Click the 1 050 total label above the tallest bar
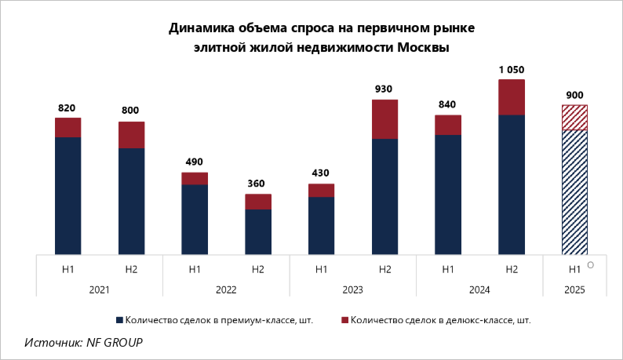pyautogui.click(x=511, y=70)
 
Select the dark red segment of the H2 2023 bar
pyautogui.click(x=384, y=119)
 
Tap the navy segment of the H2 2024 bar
pyautogui.click(x=511, y=184)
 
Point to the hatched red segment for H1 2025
pyautogui.click(x=574, y=117)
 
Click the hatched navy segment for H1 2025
pyautogui.click(x=574, y=192)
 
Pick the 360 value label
pyautogui.click(x=257, y=184)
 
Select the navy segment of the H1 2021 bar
pyautogui.click(x=68, y=195)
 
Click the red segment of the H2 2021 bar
pyautogui.click(x=131, y=135)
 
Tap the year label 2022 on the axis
pyautogui.click(x=226, y=290)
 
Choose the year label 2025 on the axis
pyautogui.click(x=574, y=290)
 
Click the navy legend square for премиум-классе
pyautogui.click(x=119, y=320)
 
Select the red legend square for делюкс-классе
pyautogui.click(x=345, y=320)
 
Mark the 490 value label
pyautogui.click(x=194, y=162)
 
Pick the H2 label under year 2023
pyautogui.click(x=384, y=270)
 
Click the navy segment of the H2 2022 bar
pyautogui.click(x=257, y=232)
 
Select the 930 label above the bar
pyautogui.click(x=384, y=89)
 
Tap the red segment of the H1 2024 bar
pyautogui.click(x=447, y=125)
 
